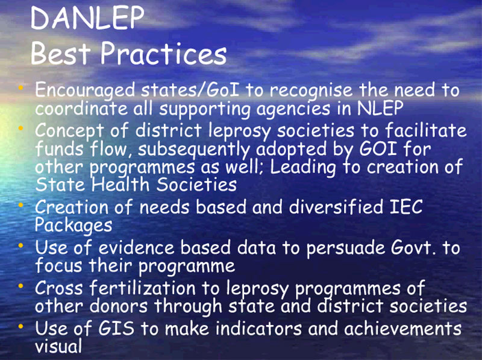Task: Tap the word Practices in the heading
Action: click(x=163, y=53)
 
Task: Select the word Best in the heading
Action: click(x=61, y=53)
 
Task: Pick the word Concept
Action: click(x=69, y=131)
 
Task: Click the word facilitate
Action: click(x=426, y=130)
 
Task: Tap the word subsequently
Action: click(x=193, y=150)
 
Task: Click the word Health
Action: click(x=120, y=185)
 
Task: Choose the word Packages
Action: click(x=74, y=226)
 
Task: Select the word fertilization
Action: click(x=142, y=288)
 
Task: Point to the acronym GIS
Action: click(x=116, y=328)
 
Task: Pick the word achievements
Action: click(x=402, y=328)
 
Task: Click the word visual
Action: click(x=58, y=346)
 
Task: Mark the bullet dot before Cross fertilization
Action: click(x=20, y=286)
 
